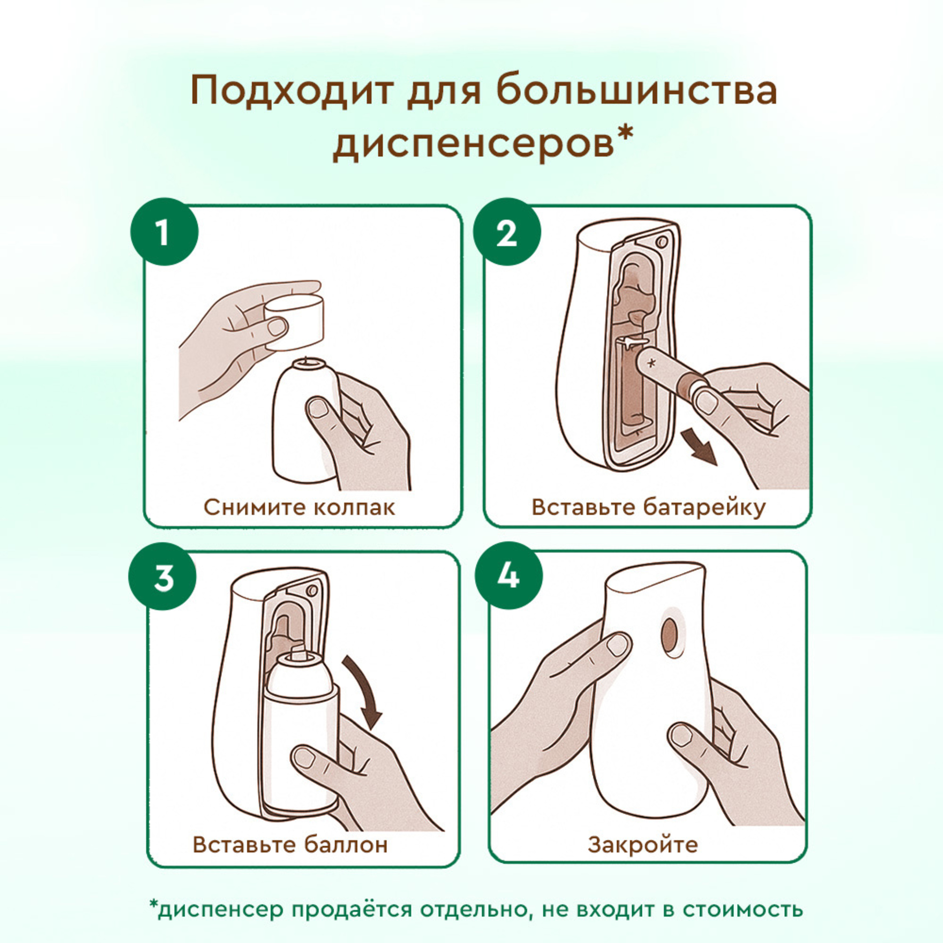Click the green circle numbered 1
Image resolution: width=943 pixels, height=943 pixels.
tap(164, 231)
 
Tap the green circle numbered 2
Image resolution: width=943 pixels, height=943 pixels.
tap(506, 231)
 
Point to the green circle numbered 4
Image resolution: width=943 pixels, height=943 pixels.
tap(508, 576)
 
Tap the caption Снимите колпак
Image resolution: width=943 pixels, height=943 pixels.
tap(299, 507)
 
